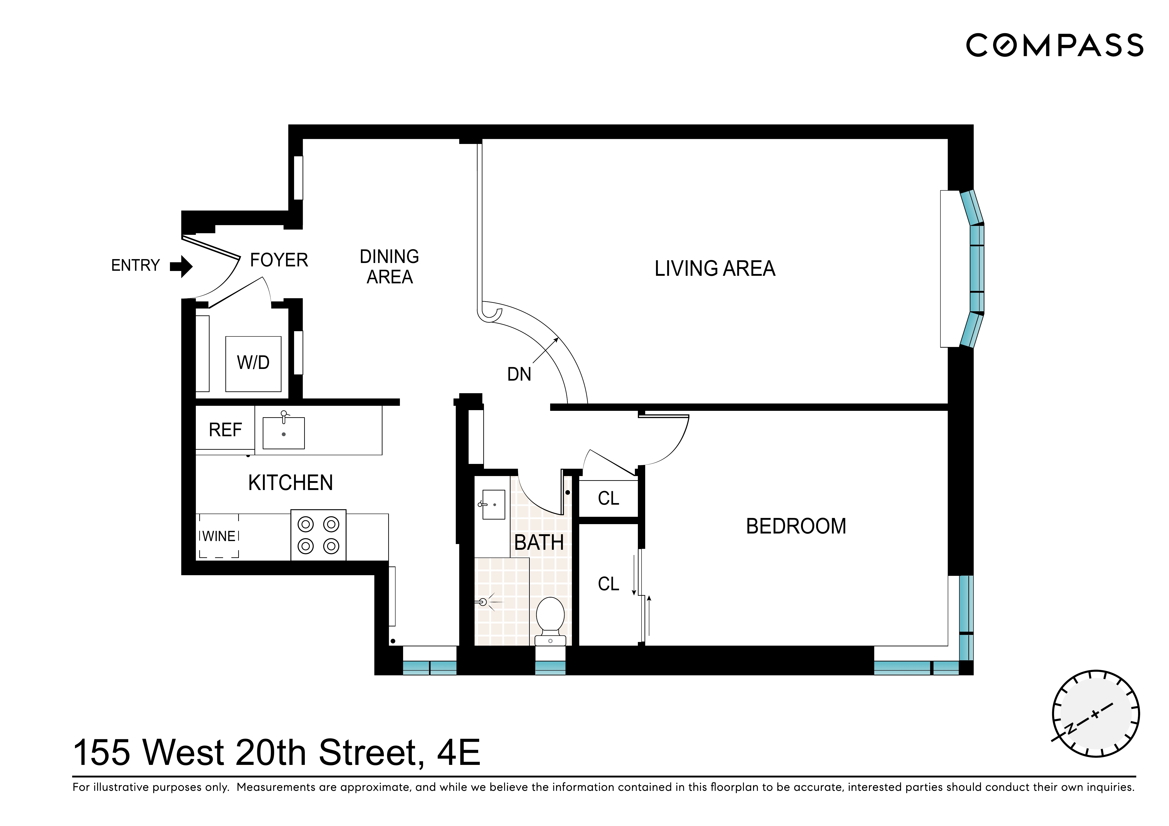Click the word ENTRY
pyautogui.click(x=135, y=266)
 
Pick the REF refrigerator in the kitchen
pyautogui.click(x=225, y=430)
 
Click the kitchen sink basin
pyautogui.click(x=284, y=433)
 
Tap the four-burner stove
pyautogui.click(x=318, y=535)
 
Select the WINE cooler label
pyautogui.click(x=219, y=536)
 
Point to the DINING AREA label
pyautogui.click(x=390, y=267)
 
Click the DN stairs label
pyautogui.click(x=519, y=375)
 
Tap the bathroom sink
pyautogui.click(x=493, y=504)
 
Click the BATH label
pyautogui.click(x=539, y=542)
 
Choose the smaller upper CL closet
pyautogui.click(x=608, y=498)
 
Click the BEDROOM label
pyautogui.click(x=796, y=526)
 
